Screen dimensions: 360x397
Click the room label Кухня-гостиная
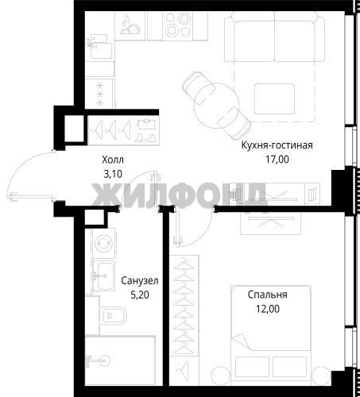click(277, 145)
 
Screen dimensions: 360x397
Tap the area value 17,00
click(277, 160)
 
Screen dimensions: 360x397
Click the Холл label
click(113, 160)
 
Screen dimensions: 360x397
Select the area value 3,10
click(113, 174)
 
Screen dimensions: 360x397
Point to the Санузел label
click(140, 280)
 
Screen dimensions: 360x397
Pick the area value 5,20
click(140, 295)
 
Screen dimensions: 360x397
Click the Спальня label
click(268, 295)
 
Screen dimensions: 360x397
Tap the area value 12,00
click(268, 309)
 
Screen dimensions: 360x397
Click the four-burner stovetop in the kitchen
click(178, 25)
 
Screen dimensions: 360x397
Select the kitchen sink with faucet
click(101, 47)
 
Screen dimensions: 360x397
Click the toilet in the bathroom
click(114, 316)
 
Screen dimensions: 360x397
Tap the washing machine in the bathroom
click(103, 243)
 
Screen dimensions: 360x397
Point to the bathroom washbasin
click(103, 276)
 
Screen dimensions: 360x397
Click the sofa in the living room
click(274, 37)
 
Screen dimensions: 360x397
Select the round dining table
click(217, 106)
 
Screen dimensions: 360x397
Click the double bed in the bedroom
click(271, 335)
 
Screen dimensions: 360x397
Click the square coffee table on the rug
click(274, 98)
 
